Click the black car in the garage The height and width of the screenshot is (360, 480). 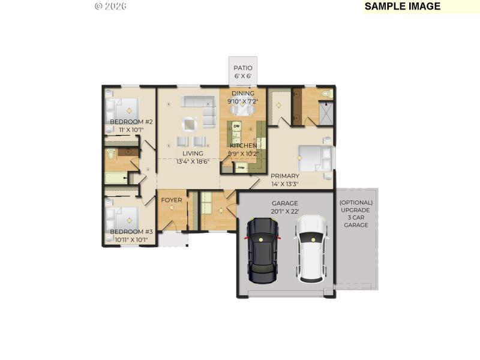(x=263, y=250)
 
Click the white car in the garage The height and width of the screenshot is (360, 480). (x=310, y=249)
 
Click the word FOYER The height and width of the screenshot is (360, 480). (x=171, y=200)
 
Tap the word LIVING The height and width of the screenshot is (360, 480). (x=193, y=154)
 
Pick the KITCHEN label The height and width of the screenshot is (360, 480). (x=244, y=146)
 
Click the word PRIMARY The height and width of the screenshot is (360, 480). (x=284, y=176)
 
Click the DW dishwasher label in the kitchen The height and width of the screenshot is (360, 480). (x=236, y=126)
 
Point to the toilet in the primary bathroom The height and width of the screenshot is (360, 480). (x=326, y=95)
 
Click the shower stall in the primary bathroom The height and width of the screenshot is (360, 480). (x=326, y=113)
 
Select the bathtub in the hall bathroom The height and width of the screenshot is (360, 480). (x=116, y=178)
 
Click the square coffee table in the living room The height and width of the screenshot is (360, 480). (x=190, y=123)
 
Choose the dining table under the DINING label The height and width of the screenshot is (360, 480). (x=243, y=109)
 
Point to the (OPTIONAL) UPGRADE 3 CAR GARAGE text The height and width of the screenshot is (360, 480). (x=356, y=214)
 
